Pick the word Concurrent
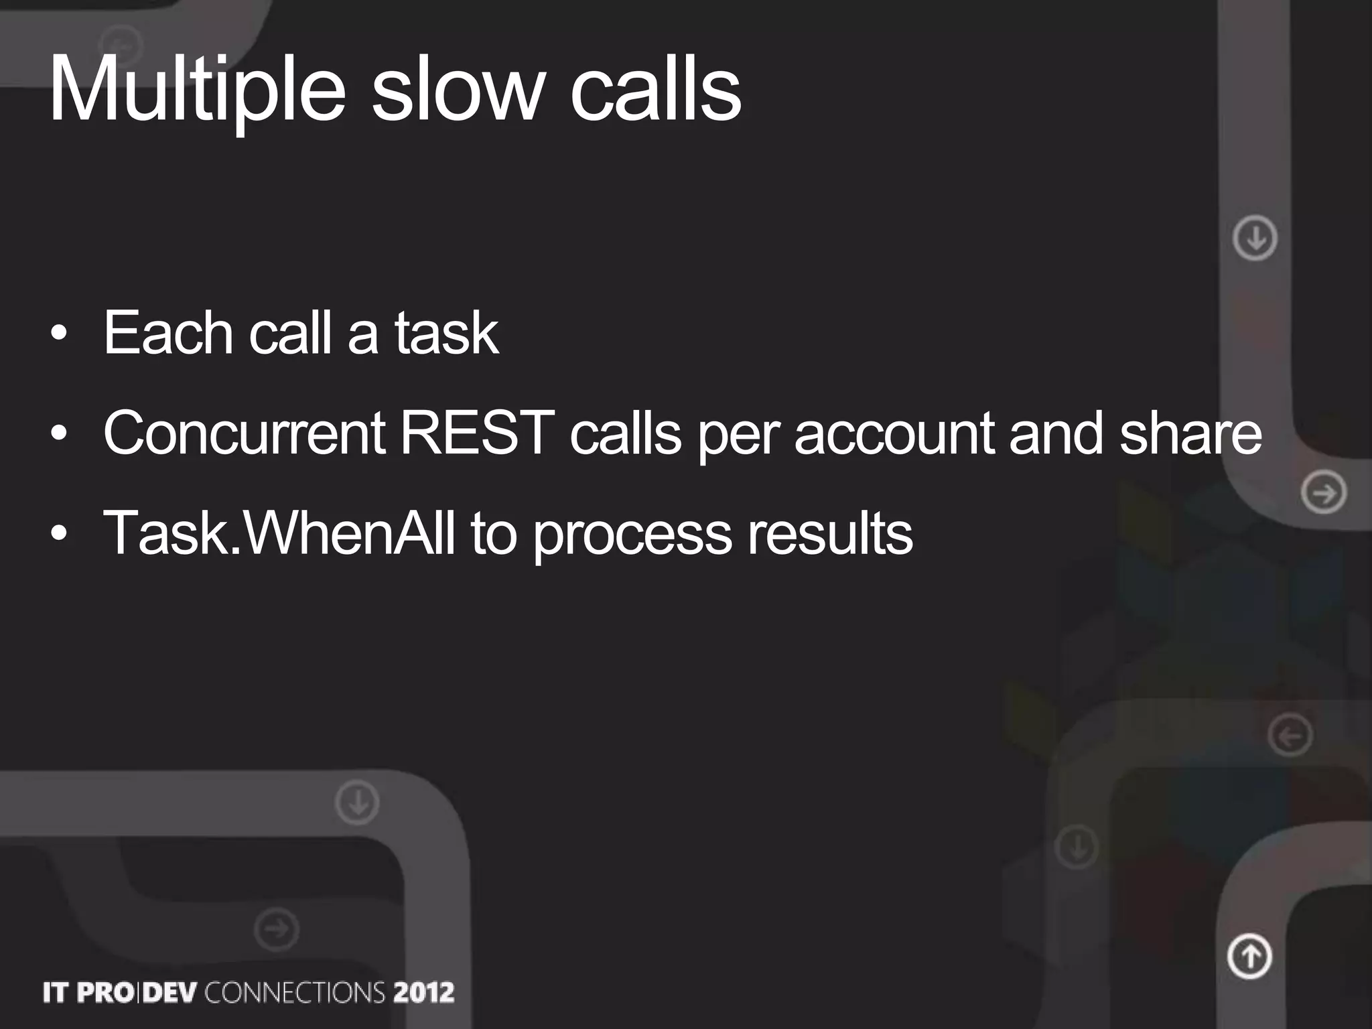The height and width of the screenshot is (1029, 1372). tap(244, 433)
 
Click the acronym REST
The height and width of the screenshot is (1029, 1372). tap(477, 433)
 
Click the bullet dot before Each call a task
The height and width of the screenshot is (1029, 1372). tap(59, 333)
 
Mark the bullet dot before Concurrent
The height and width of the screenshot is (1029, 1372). tap(59, 433)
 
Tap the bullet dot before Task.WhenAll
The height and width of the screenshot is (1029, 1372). tap(59, 534)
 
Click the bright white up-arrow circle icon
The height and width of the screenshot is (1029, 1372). tap(1249, 956)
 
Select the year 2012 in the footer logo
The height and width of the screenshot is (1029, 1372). tap(423, 992)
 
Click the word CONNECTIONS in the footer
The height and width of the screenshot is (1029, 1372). tap(295, 992)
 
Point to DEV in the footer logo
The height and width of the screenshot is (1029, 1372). tap(169, 992)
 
